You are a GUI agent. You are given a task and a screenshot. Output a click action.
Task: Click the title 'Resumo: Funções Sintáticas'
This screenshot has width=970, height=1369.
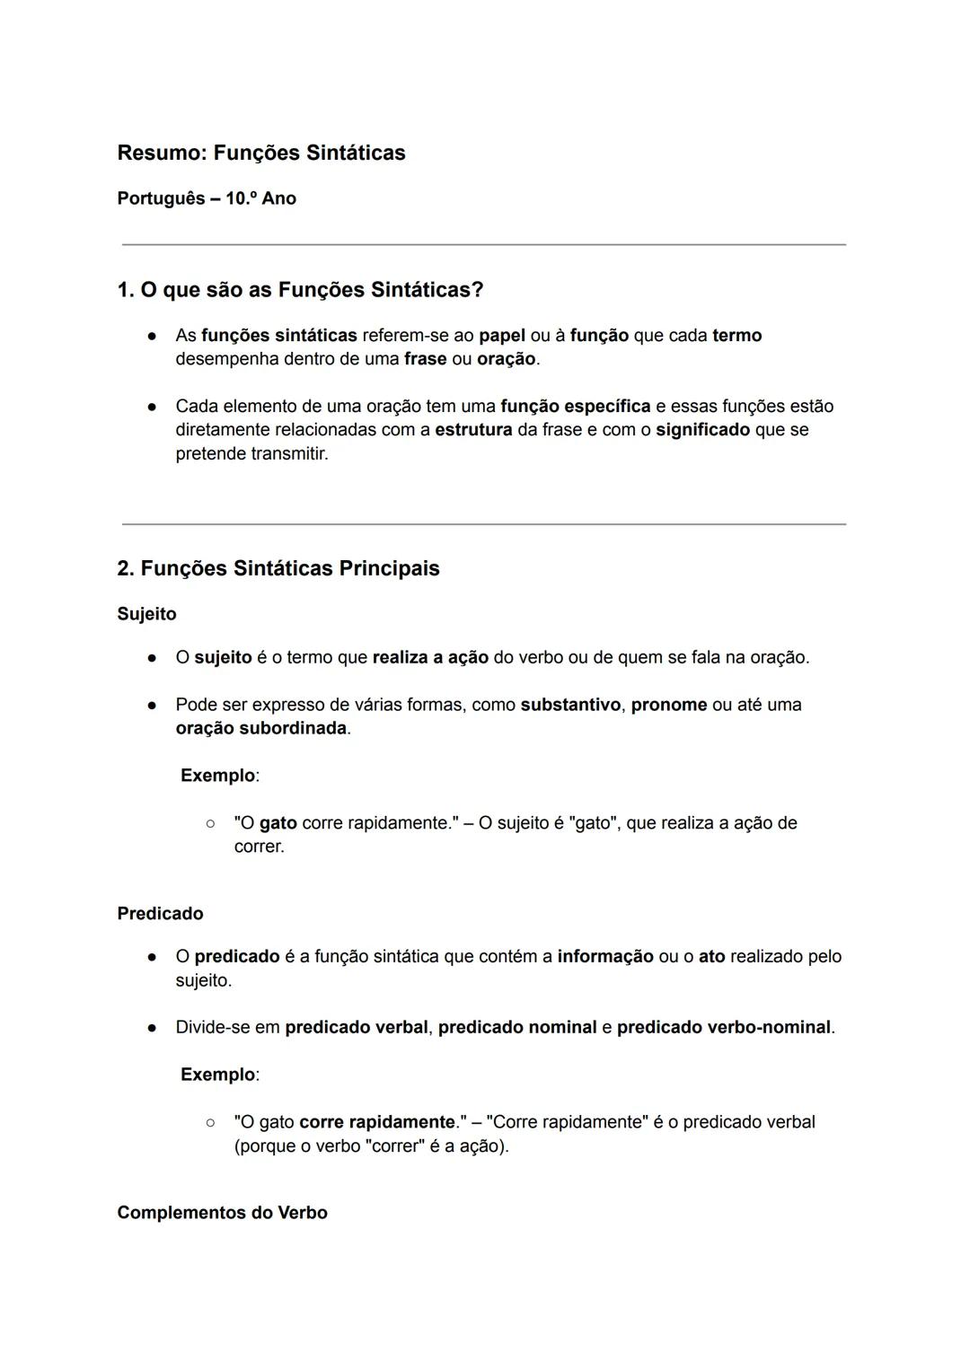tap(261, 153)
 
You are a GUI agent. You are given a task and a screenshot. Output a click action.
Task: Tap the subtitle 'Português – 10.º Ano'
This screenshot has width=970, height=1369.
tap(207, 198)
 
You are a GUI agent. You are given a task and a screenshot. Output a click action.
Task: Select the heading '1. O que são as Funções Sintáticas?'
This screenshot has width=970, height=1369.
tap(300, 290)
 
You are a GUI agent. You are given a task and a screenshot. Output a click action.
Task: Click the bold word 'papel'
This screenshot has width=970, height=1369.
tap(502, 336)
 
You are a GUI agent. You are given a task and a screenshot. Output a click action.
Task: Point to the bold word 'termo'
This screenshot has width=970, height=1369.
tap(736, 336)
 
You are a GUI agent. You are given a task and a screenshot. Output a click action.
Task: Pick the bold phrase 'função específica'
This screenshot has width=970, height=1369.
tap(575, 407)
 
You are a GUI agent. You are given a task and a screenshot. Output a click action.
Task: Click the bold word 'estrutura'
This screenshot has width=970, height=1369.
tap(473, 430)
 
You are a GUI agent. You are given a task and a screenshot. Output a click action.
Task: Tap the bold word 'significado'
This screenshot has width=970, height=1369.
tap(702, 430)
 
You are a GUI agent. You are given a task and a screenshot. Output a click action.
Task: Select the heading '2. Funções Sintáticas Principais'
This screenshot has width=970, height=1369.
tap(278, 568)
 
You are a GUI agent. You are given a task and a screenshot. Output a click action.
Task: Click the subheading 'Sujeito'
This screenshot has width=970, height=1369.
tap(146, 614)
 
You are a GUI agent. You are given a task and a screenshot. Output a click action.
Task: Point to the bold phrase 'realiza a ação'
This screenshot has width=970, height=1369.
tap(430, 657)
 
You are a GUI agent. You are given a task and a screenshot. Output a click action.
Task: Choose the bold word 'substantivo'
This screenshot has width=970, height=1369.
tap(570, 705)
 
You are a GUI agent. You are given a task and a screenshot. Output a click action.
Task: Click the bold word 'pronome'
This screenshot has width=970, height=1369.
tap(669, 705)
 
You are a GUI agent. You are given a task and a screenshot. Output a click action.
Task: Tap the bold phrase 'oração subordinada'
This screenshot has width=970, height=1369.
tap(261, 728)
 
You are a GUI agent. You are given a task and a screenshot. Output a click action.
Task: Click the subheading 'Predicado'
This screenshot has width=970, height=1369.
tap(160, 913)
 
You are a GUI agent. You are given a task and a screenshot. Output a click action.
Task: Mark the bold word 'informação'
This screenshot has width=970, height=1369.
tap(605, 957)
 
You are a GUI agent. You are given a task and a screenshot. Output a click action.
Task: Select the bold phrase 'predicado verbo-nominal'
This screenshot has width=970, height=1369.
tap(724, 1027)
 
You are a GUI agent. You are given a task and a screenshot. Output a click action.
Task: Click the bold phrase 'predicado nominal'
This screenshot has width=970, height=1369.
tap(517, 1027)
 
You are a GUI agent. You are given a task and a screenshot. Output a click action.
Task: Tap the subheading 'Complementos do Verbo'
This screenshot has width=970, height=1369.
tap(222, 1213)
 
